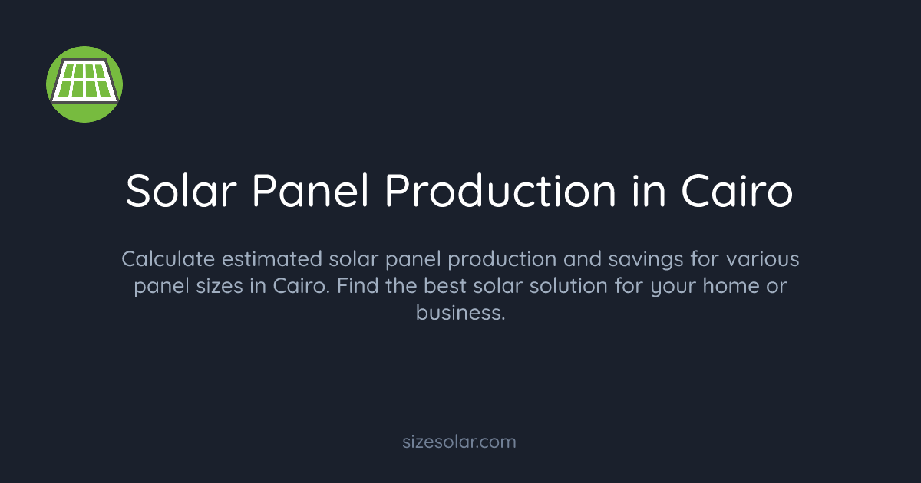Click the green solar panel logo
84,84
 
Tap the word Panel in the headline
309,191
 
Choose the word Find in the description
360,286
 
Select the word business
460,313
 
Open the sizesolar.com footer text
460,442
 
